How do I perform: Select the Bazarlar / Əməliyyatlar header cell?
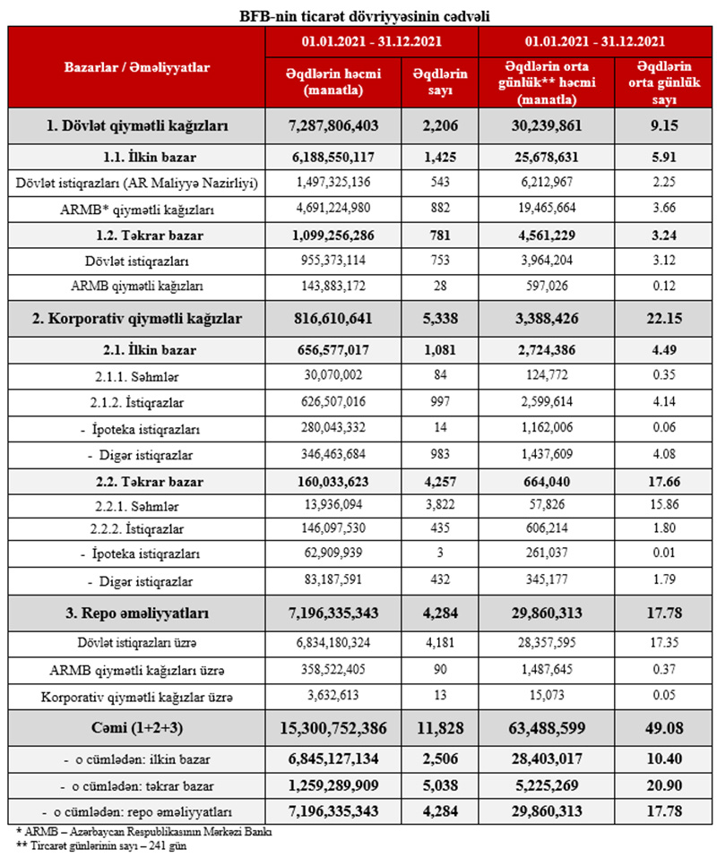point(136,67)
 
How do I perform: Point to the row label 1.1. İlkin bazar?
point(136,158)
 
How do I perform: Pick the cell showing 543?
point(439,184)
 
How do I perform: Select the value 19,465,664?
point(550,210)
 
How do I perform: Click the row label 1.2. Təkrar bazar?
point(136,236)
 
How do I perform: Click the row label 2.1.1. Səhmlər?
point(136,374)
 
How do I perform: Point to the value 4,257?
point(439,481)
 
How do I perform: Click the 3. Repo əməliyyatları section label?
point(136,614)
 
